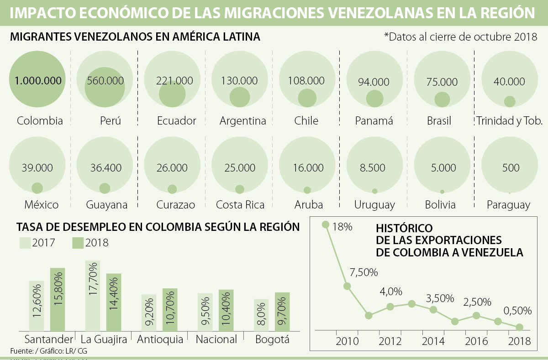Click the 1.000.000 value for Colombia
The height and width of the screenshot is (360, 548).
click(38, 81)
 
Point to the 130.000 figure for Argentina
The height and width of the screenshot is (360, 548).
click(239, 81)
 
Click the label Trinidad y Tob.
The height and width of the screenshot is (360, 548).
click(509, 121)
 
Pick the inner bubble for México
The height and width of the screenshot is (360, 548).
click(37, 188)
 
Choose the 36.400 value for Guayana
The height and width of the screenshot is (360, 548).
click(105, 167)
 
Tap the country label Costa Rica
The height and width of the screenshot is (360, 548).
click(240, 205)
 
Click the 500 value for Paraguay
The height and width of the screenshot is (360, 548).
click(510, 167)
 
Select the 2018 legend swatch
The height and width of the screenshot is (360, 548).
click(78, 243)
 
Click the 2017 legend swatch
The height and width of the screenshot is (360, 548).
click(25, 243)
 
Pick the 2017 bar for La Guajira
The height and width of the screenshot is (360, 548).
click(92, 296)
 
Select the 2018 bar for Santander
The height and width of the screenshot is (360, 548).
click(58, 299)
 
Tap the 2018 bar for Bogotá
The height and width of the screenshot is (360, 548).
click(282, 312)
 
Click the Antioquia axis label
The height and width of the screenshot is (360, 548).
click(160, 339)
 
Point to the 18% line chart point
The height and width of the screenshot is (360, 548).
click(326, 224)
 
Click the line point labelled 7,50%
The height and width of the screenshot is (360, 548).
click(347, 287)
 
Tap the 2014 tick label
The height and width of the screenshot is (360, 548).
click(432, 342)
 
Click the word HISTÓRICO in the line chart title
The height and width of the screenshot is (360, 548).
click(404, 228)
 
